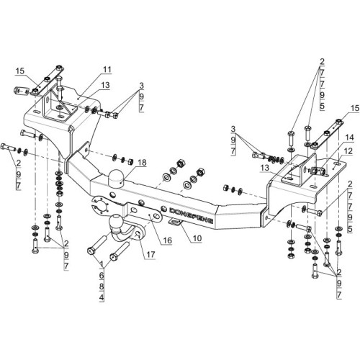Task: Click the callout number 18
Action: (142, 163)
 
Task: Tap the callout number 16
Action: (168, 240)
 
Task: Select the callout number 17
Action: (150, 254)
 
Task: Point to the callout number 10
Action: (197, 238)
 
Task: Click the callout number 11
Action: (107, 69)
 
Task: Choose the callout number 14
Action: (350, 138)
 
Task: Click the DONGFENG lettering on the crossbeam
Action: (191, 215)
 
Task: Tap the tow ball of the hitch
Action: (116, 221)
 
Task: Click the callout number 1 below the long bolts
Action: (102, 264)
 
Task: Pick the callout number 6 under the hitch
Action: (102, 275)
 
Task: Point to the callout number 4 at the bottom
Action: (102, 297)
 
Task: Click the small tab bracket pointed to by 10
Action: (176, 222)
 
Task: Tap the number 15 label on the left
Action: (20, 71)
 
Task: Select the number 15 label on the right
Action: (355, 108)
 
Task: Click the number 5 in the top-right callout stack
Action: (322, 106)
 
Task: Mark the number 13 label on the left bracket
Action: (105, 85)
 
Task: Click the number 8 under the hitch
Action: (102, 287)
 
